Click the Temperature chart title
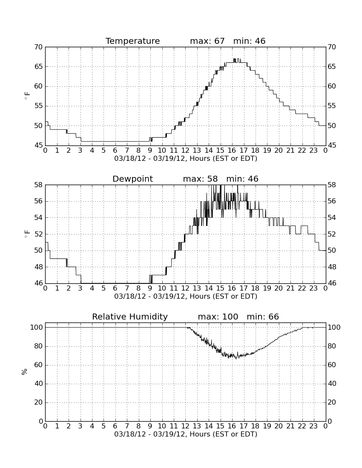[132, 41]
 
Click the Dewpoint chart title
[132, 179]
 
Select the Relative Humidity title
[130, 317]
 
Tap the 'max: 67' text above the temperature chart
[207, 41]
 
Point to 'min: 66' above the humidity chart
[263, 317]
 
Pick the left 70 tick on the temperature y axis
[39, 47]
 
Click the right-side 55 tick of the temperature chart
[332, 106]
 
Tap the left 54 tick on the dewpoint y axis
[39, 217]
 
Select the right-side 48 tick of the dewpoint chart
[332, 267]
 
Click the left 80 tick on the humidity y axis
[39, 346]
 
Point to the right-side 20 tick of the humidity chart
[332, 402]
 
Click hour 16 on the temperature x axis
[232, 151]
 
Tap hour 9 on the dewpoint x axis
[150, 288]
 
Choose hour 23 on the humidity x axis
[313, 426]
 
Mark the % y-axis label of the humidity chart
[25, 372]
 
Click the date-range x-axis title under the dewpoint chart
[186, 297]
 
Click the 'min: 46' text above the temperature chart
[250, 41]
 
